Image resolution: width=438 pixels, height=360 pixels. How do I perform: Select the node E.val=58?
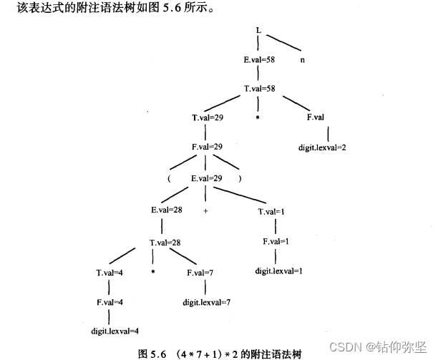click(x=260, y=61)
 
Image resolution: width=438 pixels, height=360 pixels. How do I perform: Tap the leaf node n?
click(x=303, y=61)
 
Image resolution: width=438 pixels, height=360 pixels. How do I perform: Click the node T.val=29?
click(x=207, y=117)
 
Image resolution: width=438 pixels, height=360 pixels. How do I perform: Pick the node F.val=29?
click(x=207, y=147)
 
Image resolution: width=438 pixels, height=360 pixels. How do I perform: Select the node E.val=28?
click(x=167, y=211)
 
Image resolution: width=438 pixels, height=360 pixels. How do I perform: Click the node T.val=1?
click(x=271, y=212)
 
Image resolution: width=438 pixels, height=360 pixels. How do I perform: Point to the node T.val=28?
click(x=165, y=243)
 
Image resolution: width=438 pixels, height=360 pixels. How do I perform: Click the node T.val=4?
click(x=109, y=273)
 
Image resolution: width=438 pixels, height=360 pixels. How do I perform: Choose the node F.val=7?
click(x=200, y=273)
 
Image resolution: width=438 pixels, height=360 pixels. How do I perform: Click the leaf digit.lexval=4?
click(x=115, y=331)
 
